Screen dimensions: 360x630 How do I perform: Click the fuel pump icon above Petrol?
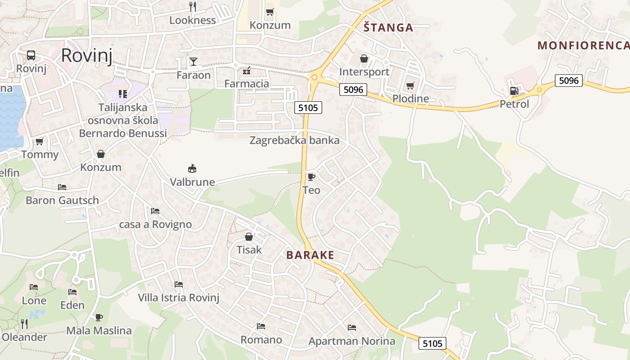[514, 91]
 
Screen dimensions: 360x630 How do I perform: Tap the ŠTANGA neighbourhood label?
[388, 27]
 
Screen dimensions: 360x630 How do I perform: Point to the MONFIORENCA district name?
[583, 45]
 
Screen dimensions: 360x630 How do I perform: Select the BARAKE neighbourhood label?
[310, 255]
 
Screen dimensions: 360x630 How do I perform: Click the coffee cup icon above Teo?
[311, 177]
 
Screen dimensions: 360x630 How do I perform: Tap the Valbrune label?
[192, 182]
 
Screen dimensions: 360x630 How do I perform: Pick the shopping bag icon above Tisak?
[249, 237]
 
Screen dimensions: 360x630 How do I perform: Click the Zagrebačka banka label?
[294, 140]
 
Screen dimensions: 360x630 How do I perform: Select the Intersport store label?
[364, 72]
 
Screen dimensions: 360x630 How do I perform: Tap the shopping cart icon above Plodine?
[410, 85]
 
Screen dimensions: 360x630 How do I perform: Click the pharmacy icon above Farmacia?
[247, 71]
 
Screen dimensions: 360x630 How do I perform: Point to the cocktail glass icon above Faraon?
[193, 61]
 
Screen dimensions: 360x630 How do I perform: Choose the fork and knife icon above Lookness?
[193, 6]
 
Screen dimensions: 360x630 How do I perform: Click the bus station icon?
[31, 55]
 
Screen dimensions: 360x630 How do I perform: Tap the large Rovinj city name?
[86, 55]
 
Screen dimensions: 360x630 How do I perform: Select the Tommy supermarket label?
[40, 154]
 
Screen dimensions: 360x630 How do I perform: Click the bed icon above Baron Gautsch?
[62, 187]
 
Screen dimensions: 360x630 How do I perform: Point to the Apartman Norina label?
[351, 341]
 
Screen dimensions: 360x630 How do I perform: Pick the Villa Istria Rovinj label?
[178, 297]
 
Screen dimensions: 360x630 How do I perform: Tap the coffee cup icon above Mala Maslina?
[99, 317]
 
